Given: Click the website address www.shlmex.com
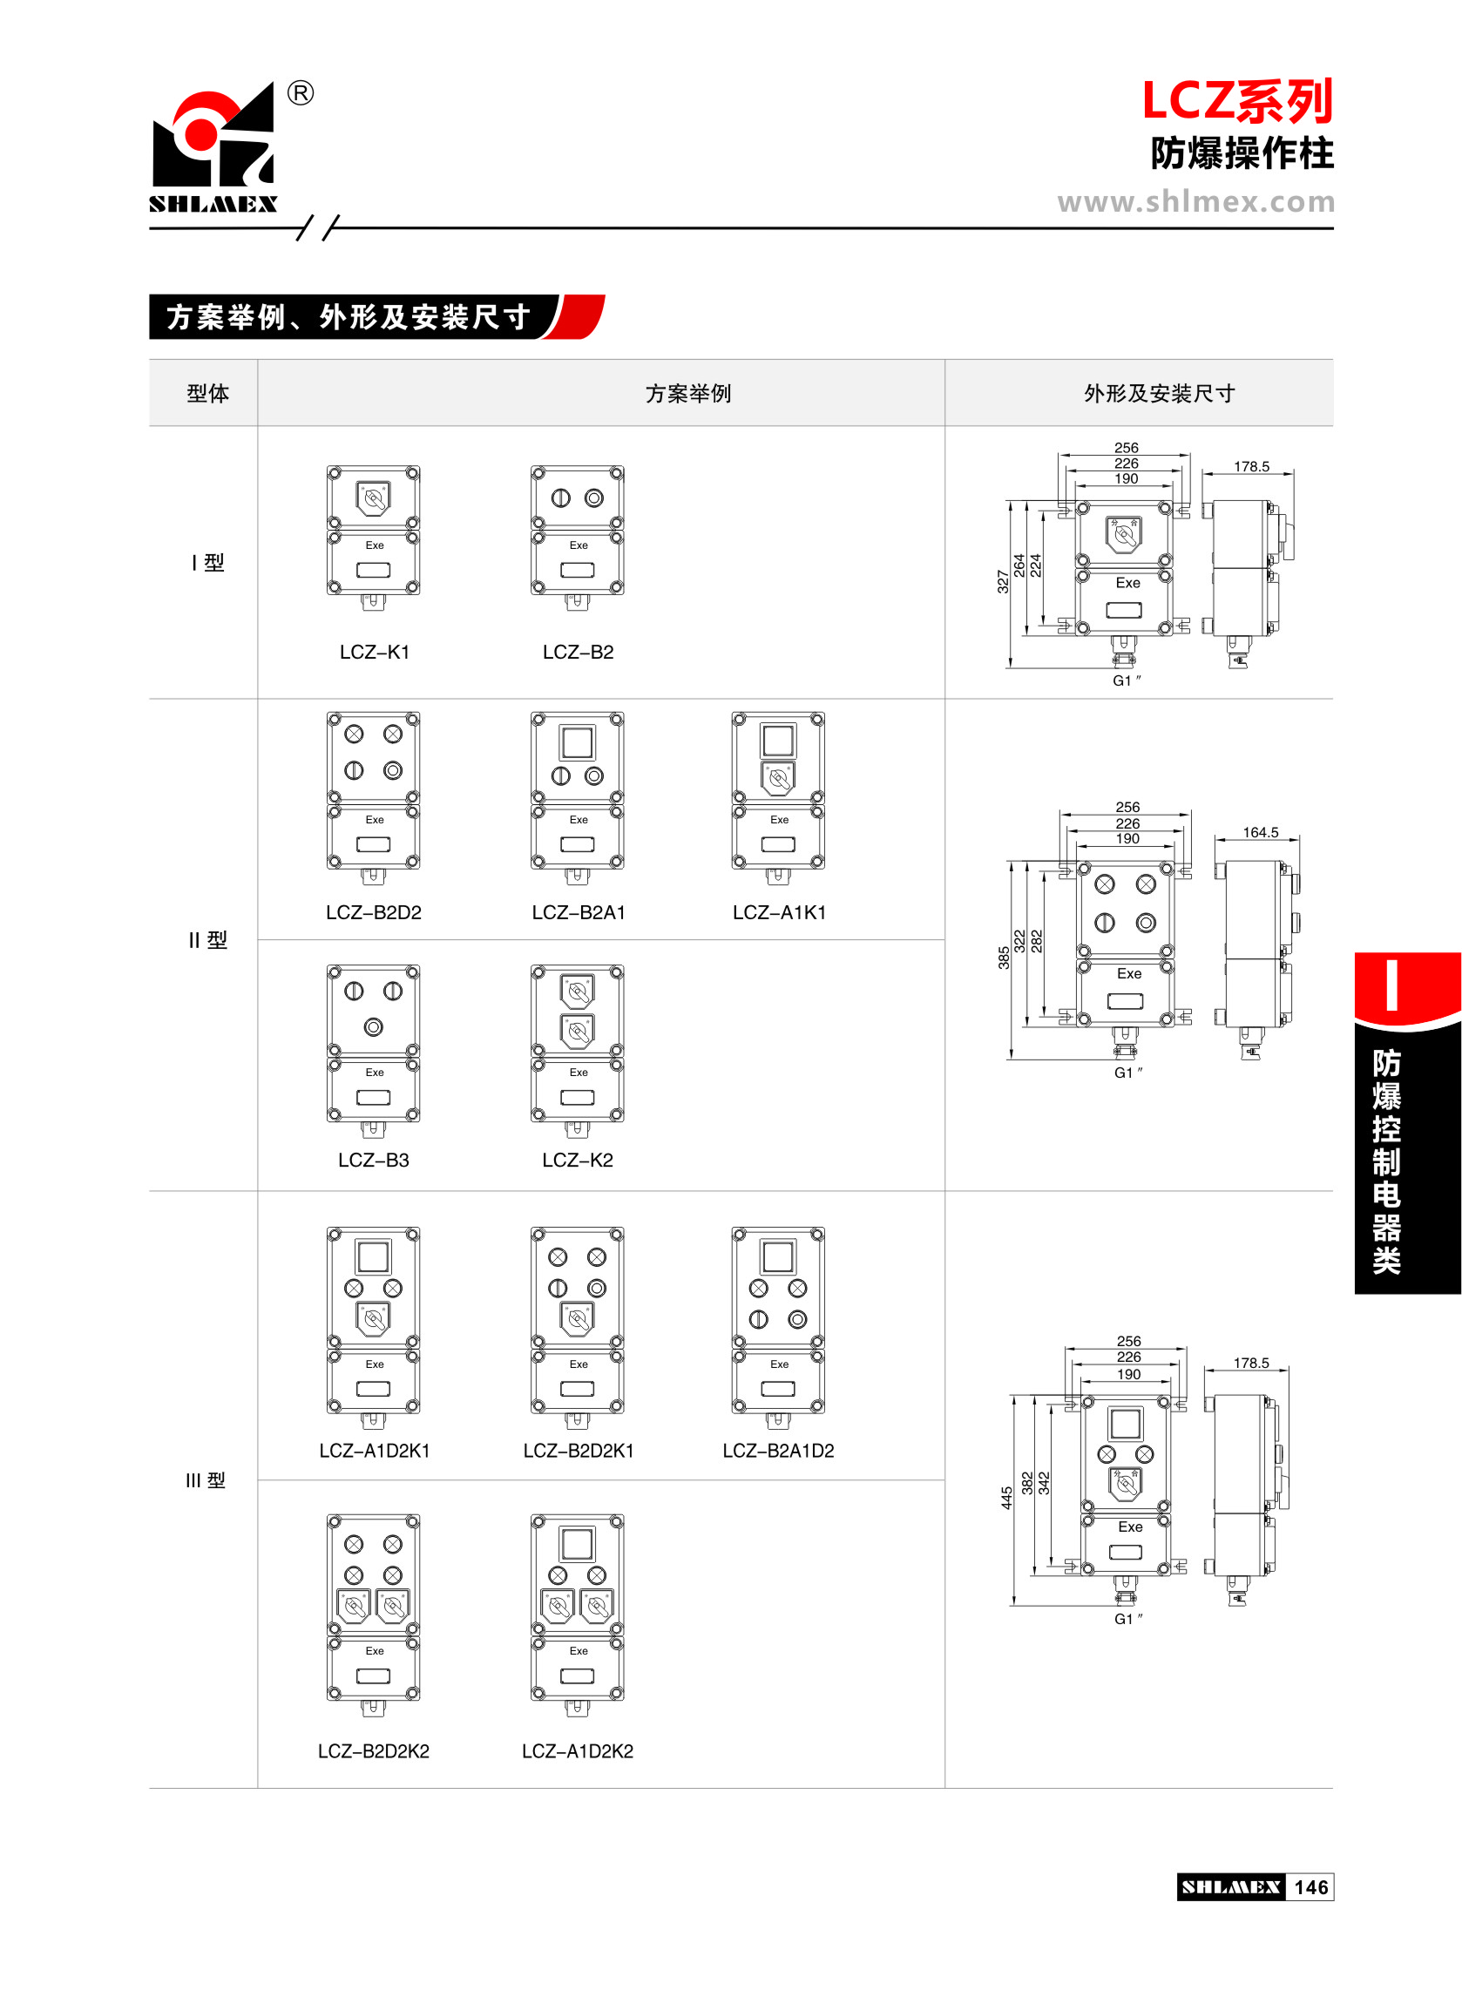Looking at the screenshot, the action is (x=1195, y=202).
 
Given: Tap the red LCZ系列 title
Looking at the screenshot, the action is (x=1236, y=101).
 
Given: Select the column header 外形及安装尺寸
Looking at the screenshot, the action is (x=1159, y=394).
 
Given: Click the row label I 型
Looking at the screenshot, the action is (x=208, y=563).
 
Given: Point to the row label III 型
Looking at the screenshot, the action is (x=206, y=1480).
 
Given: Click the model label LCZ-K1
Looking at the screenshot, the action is (x=375, y=652).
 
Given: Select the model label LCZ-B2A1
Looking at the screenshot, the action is (x=578, y=912).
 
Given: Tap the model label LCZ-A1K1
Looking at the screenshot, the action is (x=779, y=912).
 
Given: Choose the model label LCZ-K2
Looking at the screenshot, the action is (x=577, y=1160).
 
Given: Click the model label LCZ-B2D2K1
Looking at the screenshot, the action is (x=578, y=1450).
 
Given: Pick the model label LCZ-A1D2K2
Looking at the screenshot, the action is (x=577, y=1751).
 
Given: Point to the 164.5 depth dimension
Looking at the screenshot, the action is (x=1260, y=833).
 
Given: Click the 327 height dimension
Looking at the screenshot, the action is (x=1003, y=581).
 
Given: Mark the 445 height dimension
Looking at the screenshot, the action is (x=1006, y=1498).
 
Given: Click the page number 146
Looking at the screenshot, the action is (x=1310, y=1887).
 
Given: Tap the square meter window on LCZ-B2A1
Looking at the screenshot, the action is (x=577, y=742).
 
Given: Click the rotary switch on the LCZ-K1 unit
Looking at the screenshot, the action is (x=374, y=498).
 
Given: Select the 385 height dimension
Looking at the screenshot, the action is (x=1004, y=958).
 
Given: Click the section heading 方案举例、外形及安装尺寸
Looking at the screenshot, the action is (x=349, y=317).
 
